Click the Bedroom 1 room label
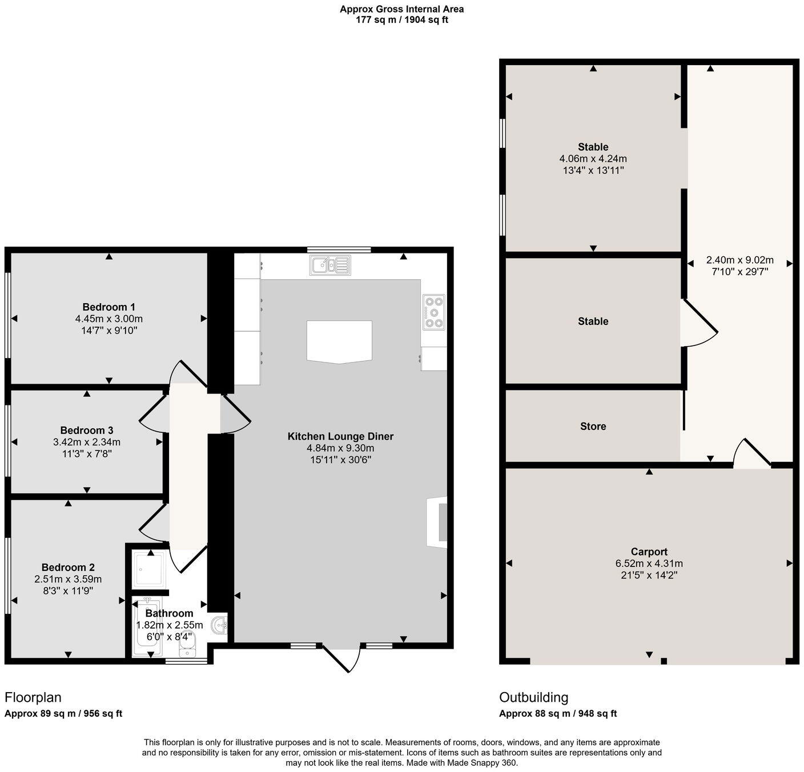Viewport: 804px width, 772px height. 108,307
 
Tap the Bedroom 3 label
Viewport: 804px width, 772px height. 87,431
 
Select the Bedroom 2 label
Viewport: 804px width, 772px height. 68,568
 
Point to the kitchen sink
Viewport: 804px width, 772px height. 330,265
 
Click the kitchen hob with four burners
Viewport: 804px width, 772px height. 434,312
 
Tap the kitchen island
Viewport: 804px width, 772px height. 339,342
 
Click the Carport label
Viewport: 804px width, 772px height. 649,552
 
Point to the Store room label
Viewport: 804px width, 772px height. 593,427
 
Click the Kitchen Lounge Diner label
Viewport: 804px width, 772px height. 340,436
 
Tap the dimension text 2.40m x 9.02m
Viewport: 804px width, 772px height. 739,260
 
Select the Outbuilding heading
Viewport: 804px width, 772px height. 534,697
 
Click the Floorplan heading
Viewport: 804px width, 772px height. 33,697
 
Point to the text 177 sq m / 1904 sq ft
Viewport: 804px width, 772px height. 402,20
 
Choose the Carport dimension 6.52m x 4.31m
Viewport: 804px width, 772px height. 649,564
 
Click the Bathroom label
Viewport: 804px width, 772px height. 170,613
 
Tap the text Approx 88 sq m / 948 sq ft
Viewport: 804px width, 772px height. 558,713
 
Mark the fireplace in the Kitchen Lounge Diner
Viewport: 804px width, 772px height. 437,522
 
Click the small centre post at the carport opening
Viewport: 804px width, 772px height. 664,661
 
